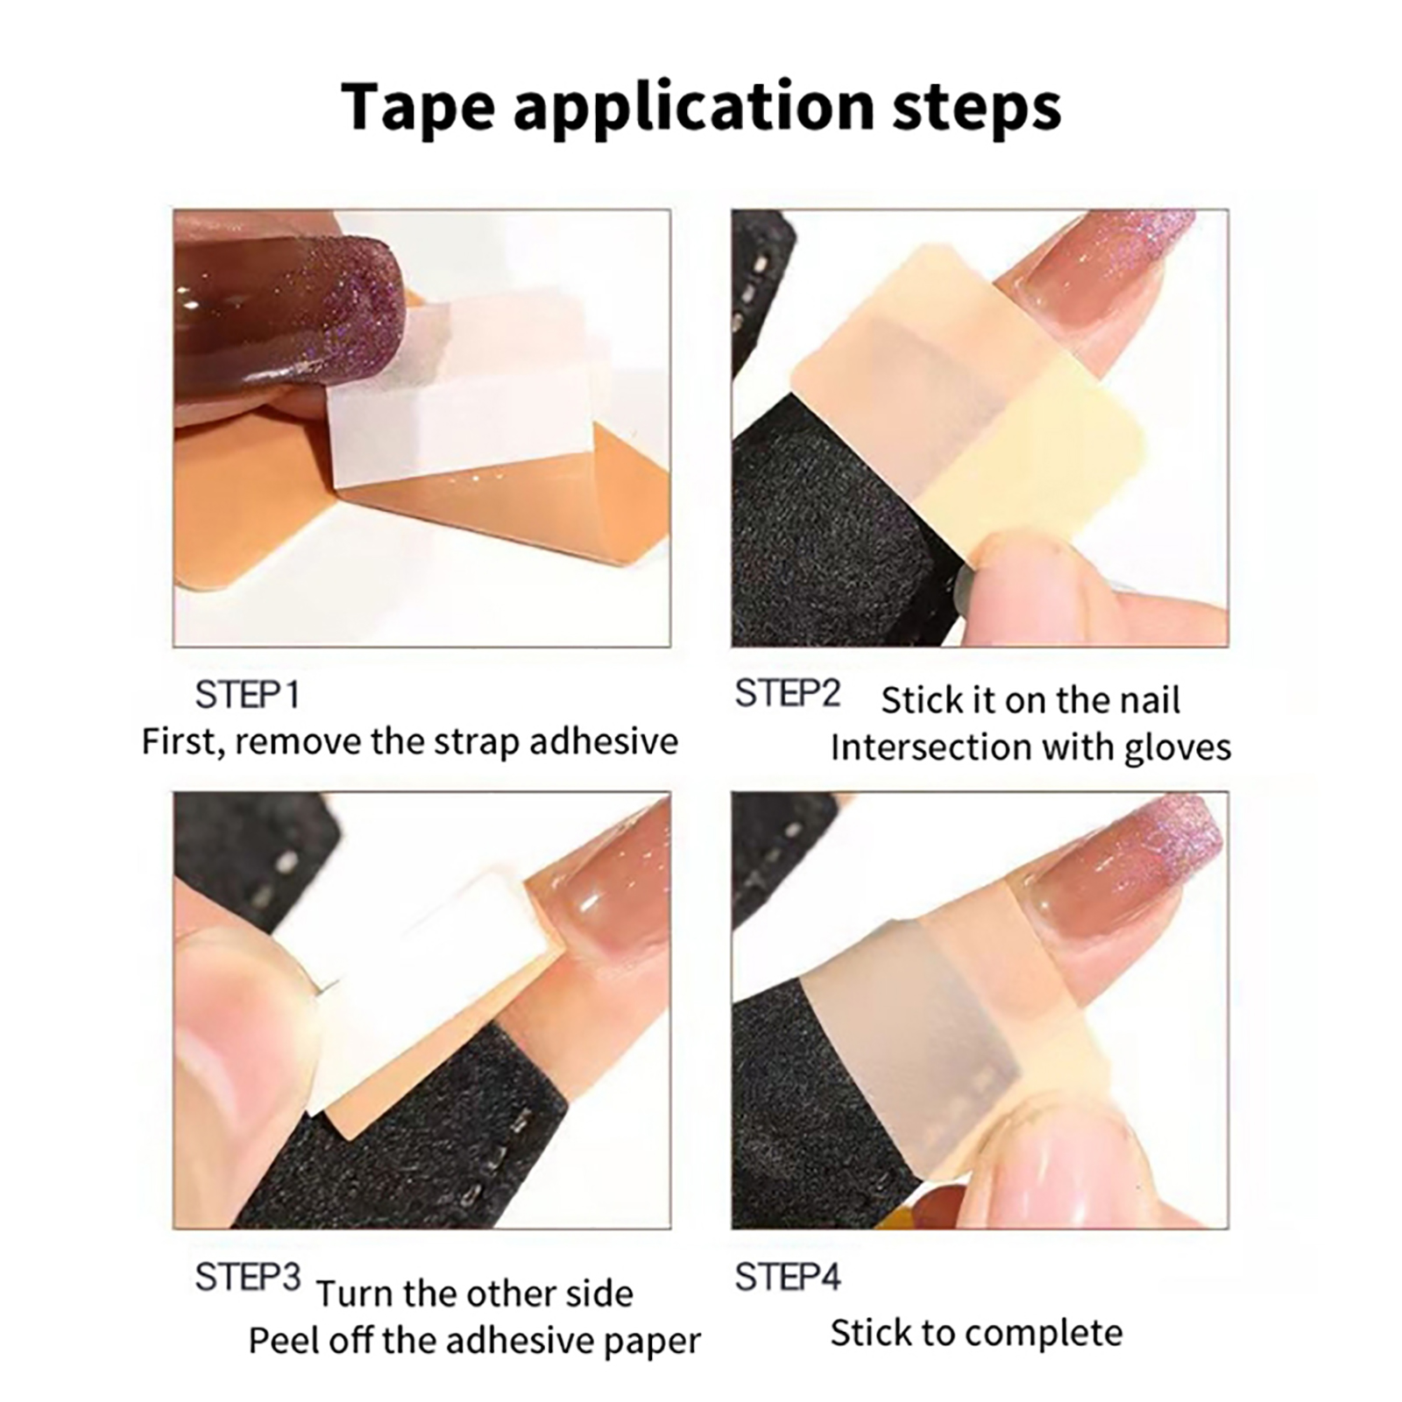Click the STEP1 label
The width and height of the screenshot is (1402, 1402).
click(248, 696)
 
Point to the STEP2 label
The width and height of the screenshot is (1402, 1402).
click(787, 694)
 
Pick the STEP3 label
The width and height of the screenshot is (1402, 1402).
click(248, 1278)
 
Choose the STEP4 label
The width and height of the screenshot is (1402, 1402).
click(787, 1278)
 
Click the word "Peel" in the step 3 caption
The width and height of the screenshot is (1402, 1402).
click(279, 1341)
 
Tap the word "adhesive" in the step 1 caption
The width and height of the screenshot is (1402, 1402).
click(603, 742)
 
